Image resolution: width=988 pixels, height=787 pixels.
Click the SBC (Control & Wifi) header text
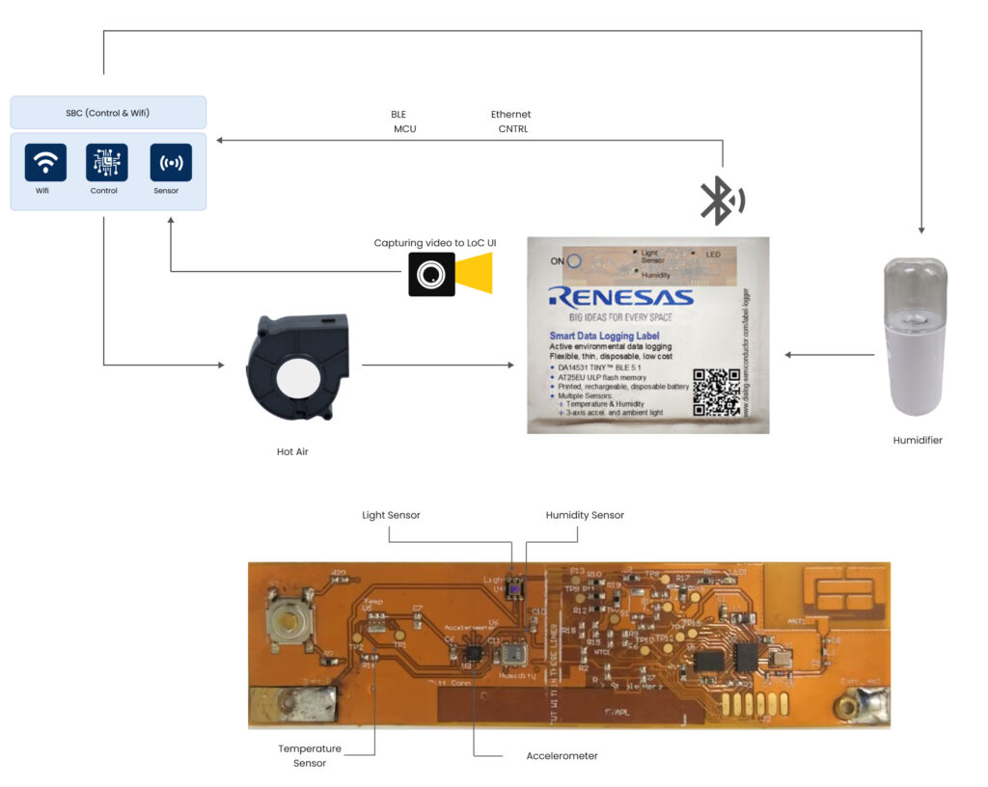click(108, 113)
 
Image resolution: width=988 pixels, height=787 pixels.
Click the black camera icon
click(430, 274)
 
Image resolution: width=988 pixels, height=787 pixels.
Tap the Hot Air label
click(291, 450)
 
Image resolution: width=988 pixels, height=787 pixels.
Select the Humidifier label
click(917, 440)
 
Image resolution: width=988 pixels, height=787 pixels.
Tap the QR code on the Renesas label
click(716, 391)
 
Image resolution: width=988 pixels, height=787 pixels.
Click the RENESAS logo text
click(619, 296)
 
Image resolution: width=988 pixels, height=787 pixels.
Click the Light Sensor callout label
click(391, 515)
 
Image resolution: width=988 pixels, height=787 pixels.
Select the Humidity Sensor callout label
click(585, 515)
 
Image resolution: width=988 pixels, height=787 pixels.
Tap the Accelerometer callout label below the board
click(562, 755)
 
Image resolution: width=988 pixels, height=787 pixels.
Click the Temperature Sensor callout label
click(309, 755)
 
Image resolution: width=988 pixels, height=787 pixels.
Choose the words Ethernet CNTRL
click(511, 121)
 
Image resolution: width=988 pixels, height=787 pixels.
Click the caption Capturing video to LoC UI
click(435, 242)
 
